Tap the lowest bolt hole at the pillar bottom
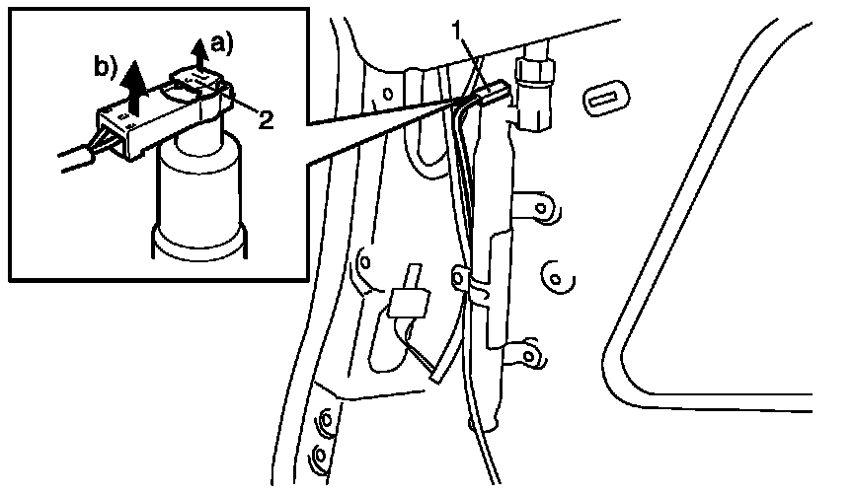[x=319, y=457]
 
